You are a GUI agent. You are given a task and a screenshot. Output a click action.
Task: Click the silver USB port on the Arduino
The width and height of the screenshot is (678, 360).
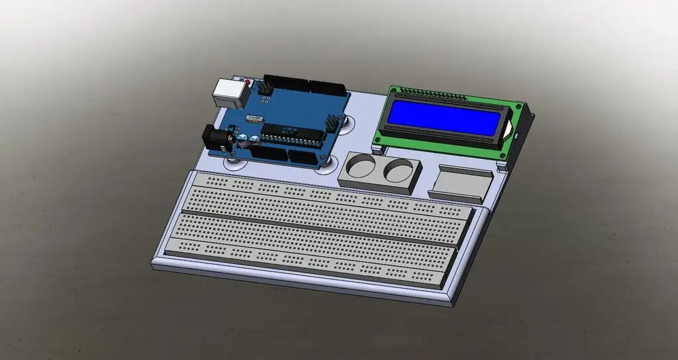click(x=230, y=93)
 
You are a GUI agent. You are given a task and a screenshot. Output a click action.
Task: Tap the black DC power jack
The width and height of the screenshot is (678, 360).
click(x=216, y=138)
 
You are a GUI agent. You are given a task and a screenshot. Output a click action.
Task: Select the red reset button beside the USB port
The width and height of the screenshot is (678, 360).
click(x=248, y=83)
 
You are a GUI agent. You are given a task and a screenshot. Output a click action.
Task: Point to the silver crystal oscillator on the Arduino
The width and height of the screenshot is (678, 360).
click(x=254, y=119)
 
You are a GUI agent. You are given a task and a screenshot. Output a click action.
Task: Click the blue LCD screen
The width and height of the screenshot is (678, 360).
click(x=444, y=118)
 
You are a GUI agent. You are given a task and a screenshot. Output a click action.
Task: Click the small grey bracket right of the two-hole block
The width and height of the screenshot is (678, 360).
click(x=461, y=183)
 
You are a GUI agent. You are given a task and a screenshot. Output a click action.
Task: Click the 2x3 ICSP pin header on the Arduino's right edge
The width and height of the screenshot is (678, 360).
click(x=332, y=123)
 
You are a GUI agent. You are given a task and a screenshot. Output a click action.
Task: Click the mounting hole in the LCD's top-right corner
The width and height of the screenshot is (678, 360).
click(x=518, y=106)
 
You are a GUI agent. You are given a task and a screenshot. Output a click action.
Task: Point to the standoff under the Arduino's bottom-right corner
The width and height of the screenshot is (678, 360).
click(x=326, y=161)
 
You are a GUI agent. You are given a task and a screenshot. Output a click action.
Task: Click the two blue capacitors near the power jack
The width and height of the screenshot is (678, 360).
click(x=248, y=140)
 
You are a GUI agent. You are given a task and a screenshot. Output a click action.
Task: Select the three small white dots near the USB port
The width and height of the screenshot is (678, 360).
click(x=264, y=100)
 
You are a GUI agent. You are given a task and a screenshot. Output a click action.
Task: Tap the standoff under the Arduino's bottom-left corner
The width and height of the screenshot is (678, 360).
click(x=232, y=159)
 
